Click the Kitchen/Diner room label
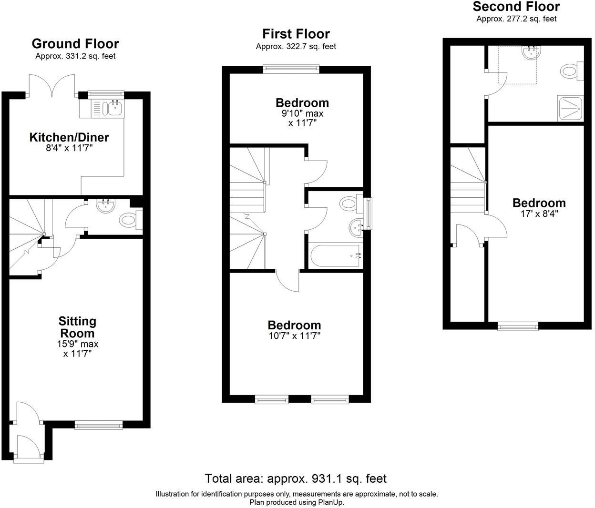pyautogui.click(x=69, y=137)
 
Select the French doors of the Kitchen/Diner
pyautogui.click(x=52, y=86)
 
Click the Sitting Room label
pyautogui.click(x=77, y=327)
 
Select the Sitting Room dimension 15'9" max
pyautogui.click(x=77, y=344)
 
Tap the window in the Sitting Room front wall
pyautogui.click(x=99, y=424)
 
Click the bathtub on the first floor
pyautogui.click(x=335, y=256)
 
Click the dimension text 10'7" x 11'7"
pyautogui.click(x=294, y=336)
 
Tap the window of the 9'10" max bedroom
pyautogui.click(x=291, y=69)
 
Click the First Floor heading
pyautogui.click(x=296, y=34)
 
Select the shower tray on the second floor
pyautogui.click(x=570, y=109)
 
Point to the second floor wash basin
pyautogui.click(x=529, y=53)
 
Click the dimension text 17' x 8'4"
pyautogui.click(x=539, y=214)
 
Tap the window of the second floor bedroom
pyautogui.click(x=518, y=326)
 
